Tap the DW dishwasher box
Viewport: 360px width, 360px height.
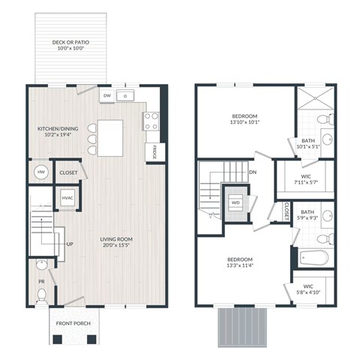(x=107, y=96)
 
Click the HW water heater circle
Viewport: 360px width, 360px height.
(x=40, y=172)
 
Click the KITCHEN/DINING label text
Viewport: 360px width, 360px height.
(x=58, y=132)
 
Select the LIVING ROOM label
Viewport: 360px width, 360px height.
(x=115, y=244)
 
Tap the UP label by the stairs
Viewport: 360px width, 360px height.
(x=70, y=244)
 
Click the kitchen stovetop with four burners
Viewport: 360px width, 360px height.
(x=151, y=120)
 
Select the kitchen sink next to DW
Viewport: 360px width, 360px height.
(x=127, y=96)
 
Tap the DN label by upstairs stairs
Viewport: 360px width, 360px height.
(x=252, y=171)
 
